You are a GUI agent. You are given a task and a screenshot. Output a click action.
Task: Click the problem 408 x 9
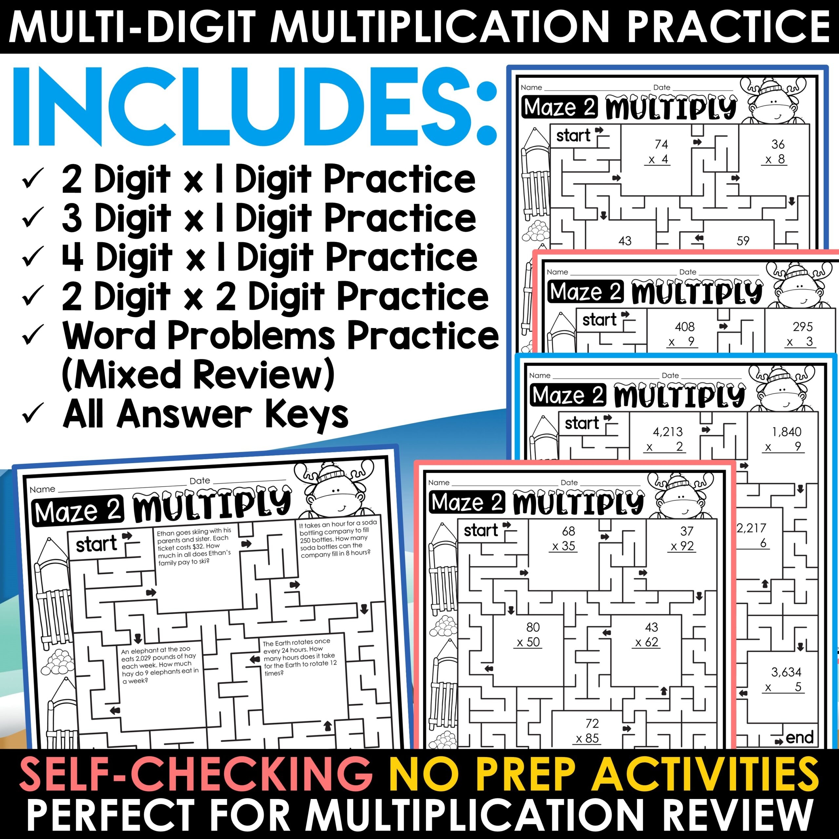[684, 334]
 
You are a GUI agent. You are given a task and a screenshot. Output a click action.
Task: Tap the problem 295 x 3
[802, 334]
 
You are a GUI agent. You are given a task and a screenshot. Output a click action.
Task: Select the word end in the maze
[799, 737]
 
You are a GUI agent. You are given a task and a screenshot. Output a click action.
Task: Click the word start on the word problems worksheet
[96, 544]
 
